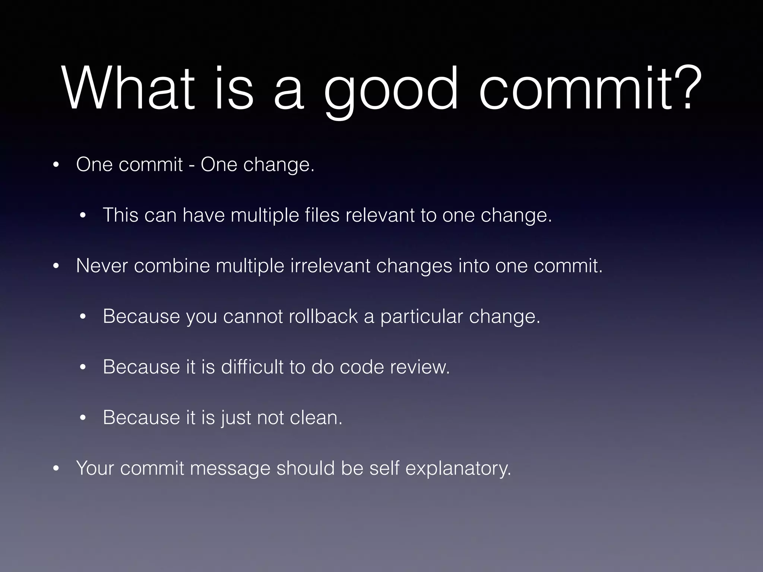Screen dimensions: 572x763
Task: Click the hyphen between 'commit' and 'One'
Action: (x=191, y=165)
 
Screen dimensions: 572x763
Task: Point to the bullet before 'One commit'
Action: (x=56, y=165)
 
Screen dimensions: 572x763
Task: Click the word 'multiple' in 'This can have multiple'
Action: (x=265, y=215)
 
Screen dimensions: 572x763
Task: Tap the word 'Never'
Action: (x=102, y=266)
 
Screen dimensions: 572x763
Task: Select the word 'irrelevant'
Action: (x=330, y=266)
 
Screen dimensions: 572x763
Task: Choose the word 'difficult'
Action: (x=252, y=367)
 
